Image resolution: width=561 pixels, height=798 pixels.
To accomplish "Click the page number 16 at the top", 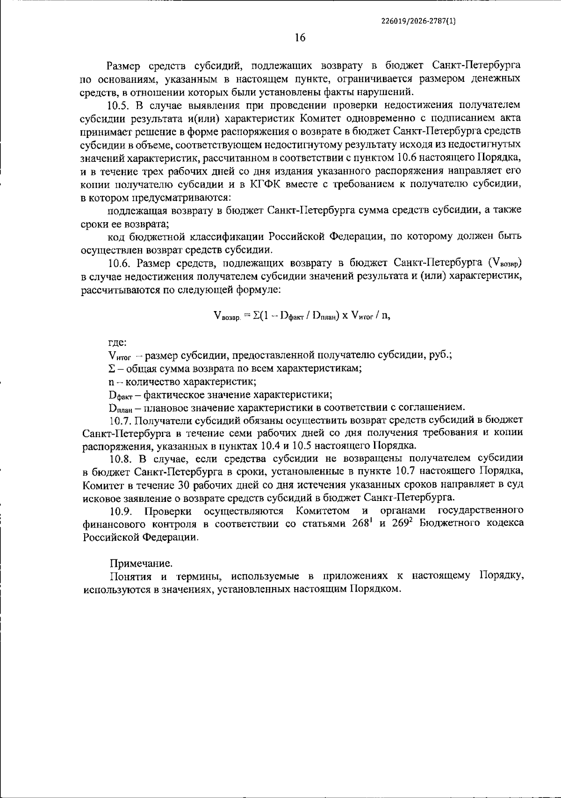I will pos(300,38).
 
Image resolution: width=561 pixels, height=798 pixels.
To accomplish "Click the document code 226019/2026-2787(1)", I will pos(418,21).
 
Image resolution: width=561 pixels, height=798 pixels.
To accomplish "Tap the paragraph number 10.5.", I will pos(119,105).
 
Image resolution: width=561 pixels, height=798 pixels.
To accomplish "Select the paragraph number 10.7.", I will pos(120,420).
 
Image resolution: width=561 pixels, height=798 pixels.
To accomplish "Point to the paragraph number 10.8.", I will pos(120,457).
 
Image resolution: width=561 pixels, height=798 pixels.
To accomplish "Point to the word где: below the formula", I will pos(115,342).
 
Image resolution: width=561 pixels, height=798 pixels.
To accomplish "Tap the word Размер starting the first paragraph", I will pos(122,65).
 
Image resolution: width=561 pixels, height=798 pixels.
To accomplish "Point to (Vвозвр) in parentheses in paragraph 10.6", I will pos(504,263).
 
